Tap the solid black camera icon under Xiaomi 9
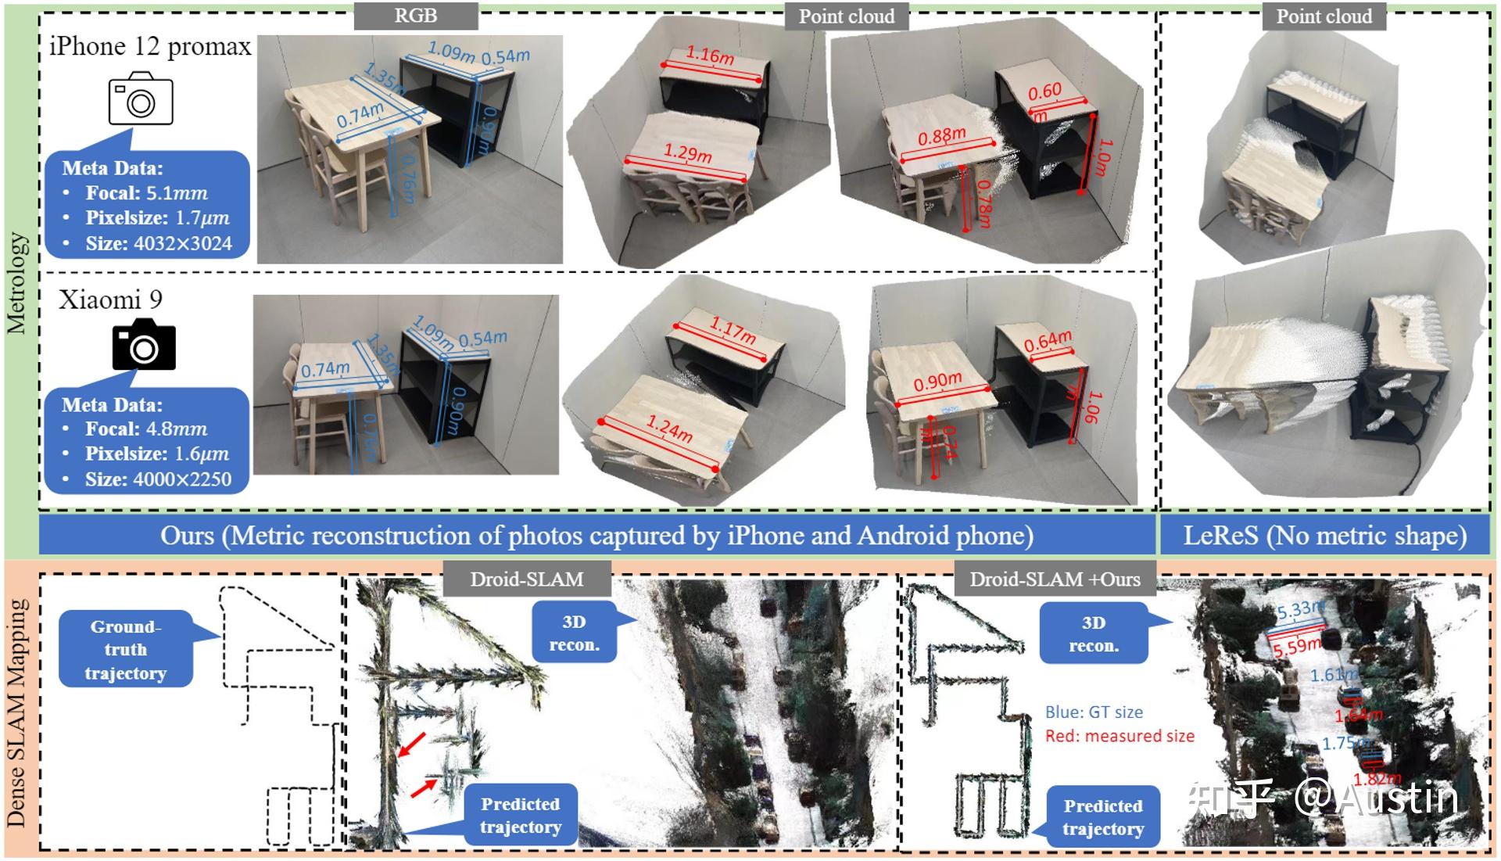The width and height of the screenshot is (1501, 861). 144,345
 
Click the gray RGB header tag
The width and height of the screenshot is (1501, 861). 415,16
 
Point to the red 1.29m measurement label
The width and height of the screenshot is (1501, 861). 688,152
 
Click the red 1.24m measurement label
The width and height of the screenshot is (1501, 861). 669,429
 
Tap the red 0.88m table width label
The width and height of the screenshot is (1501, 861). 941,137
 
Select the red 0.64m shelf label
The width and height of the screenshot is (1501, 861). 1048,341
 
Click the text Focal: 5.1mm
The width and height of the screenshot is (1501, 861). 146,193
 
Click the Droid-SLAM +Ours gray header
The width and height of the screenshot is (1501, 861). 1055,579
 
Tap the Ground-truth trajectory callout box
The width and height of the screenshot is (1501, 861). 125,649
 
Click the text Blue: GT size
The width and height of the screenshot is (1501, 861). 1094,712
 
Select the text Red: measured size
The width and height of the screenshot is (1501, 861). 1119,736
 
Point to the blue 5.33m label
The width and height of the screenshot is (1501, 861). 1300,610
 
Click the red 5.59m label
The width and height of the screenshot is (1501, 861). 1297,646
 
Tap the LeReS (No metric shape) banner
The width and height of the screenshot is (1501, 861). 1324,536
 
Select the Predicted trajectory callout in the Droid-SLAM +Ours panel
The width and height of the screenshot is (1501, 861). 1103,817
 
